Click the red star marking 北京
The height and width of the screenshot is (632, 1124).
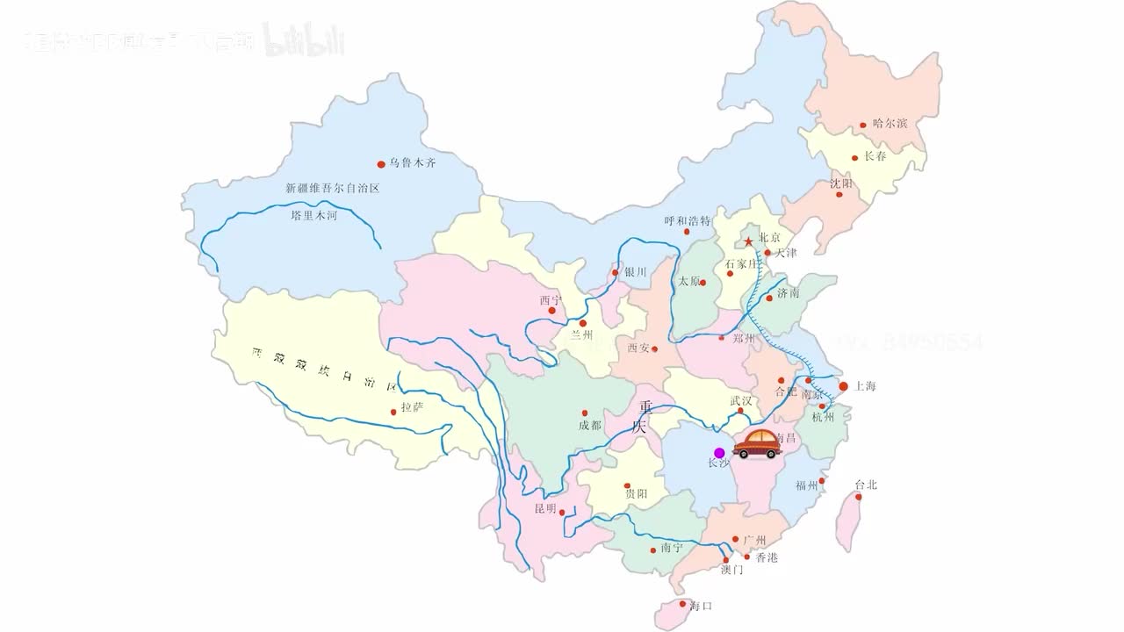coord(748,241)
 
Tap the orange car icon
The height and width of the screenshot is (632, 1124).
coord(757,445)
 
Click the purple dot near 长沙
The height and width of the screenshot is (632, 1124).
coord(719,453)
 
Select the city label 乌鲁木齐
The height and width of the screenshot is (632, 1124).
coord(413,163)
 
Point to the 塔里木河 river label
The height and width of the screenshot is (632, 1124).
coord(313,215)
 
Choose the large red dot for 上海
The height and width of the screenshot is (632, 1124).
coord(843,386)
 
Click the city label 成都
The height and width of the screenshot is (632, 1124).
coord(590,426)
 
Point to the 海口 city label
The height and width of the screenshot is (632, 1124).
coord(701,607)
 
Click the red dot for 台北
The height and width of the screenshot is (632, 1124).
coord(859,497)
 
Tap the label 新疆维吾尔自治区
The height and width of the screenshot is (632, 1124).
coord(332,188)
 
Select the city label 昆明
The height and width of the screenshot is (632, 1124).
coord(545,509)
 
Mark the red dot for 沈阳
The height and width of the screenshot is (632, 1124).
coord(839,195)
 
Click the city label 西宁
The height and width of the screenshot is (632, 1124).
coord(550,299)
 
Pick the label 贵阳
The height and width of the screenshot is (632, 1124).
coord(636,495)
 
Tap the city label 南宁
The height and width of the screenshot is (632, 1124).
coord(672,549)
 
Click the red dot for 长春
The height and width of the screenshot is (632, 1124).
coord(854,159)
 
